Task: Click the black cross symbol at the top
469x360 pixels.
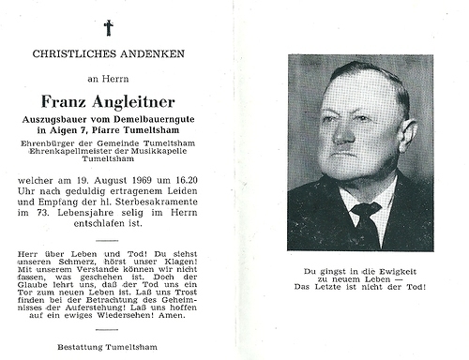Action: click(x=109, y=27)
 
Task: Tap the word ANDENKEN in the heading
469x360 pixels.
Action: click(x=156, y=54)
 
